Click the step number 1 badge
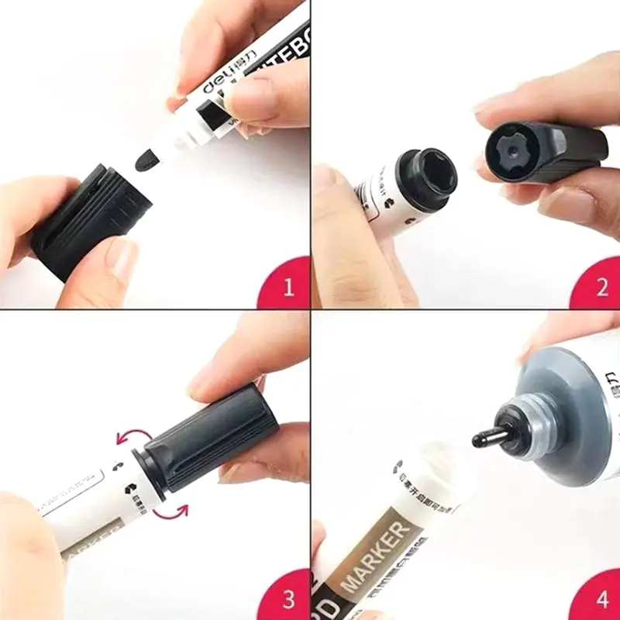coord(288,288)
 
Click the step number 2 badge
coord(601,288)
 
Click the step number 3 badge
coord(288,599)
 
